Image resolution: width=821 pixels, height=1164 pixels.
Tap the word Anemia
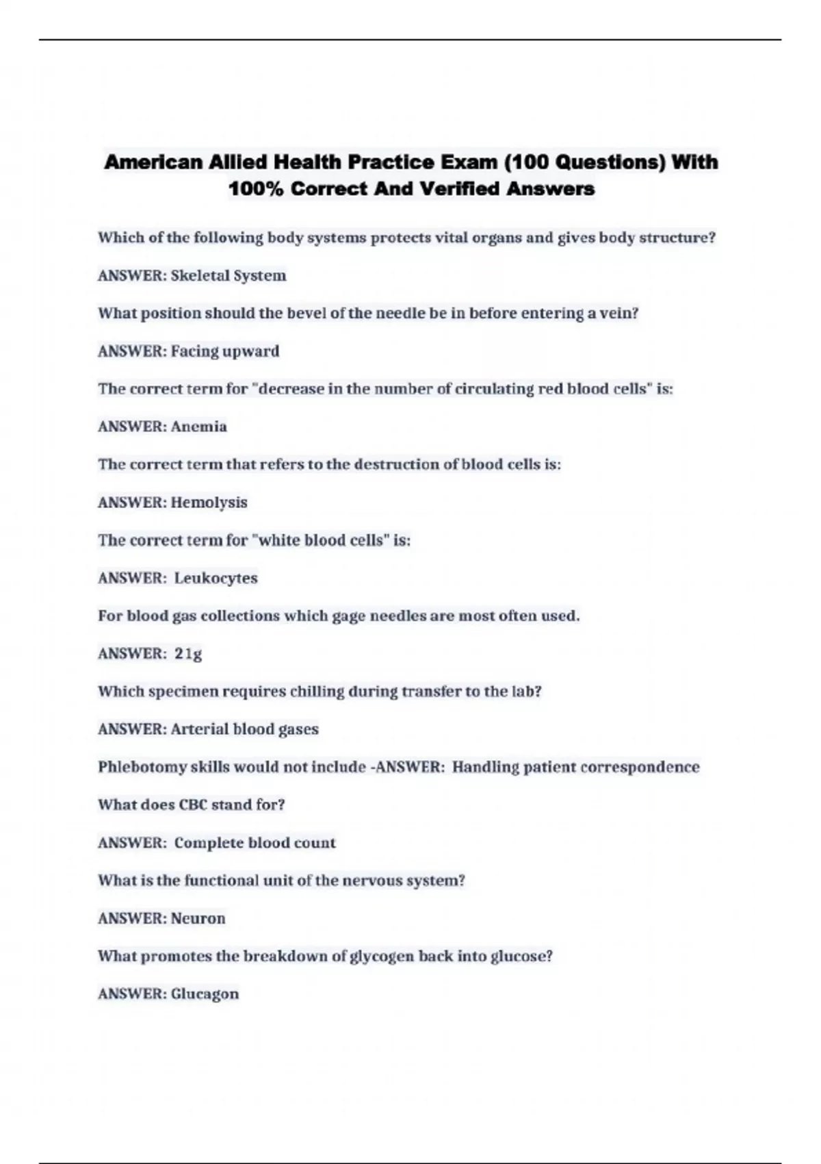[x=198, y=427]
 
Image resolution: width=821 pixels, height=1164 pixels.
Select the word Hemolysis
[x=209, y=503]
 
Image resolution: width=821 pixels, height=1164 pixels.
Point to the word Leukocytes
[x=216, y=578]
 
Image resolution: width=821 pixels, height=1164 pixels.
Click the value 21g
[x=188, y=654]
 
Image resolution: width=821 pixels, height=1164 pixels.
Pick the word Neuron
[x=198, y=918]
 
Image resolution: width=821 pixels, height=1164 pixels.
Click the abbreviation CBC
[x=193, y=805]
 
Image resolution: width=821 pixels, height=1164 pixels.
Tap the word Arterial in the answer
[x=199, y=729]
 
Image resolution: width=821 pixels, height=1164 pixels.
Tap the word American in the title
[x=153, y=162]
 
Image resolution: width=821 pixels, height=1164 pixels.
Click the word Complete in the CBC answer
[x=209, y=843]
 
